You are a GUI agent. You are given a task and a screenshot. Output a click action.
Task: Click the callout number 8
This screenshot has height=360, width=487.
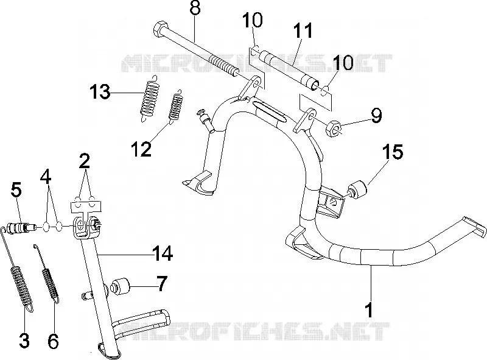[x=195, y=8]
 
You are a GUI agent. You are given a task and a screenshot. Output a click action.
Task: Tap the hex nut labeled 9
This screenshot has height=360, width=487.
[x=333, y=129]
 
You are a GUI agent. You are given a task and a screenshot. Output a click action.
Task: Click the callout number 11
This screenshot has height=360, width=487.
[x=303, y=31]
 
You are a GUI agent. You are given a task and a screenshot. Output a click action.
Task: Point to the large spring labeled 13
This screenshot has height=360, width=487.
[x=149, y=99]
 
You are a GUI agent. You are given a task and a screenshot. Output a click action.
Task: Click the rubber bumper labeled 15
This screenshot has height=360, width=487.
[x=357, y=189]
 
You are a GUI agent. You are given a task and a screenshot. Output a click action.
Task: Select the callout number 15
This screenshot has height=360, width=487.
[x=392, y=152]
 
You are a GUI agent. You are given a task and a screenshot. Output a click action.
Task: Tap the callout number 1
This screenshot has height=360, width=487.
[x=369, y=306]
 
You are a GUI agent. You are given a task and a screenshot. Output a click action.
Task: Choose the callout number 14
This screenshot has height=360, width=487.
[x=162, y=253]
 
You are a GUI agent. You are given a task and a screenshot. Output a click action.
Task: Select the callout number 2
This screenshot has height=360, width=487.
[x=84, y=161]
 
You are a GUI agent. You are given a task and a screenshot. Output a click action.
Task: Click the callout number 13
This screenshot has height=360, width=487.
[x=100, y=93]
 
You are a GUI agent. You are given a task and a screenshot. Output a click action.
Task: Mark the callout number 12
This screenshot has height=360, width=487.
[x=141, y=149]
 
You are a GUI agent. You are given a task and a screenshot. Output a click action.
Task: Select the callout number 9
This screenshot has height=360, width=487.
[x=376, y=115]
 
